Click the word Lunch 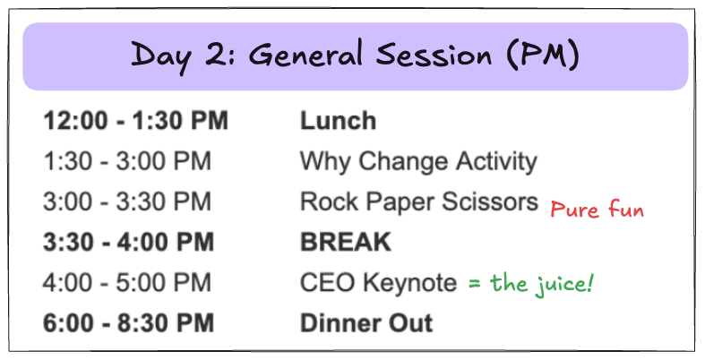point(338,121)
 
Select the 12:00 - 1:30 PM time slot point(136,121)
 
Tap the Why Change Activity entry point(418,162)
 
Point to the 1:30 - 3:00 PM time point(127,161)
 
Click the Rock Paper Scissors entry point(419,201)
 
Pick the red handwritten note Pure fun point(598,210)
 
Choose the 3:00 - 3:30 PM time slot point(127,201)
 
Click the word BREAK point(346,243)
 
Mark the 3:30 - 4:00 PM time point(129,243)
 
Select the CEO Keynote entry point(379,283)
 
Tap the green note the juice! point(542,284)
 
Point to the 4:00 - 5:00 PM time point(127,283)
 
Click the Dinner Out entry point(366,323)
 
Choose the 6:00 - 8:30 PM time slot point(129,323)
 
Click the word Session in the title point(434,55)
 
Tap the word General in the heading point(305,55)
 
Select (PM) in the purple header point(542,56)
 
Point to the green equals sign point(475,284)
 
